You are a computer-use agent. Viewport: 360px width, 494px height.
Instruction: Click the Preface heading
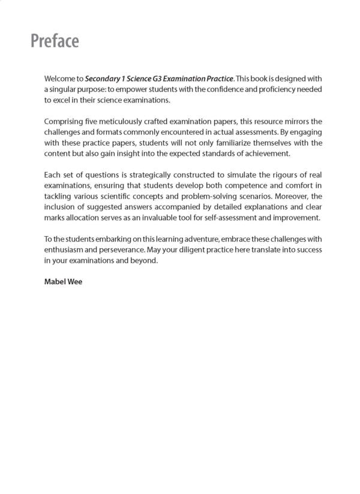click(55, 41)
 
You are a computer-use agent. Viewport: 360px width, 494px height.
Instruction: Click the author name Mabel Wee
click(63, 281)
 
